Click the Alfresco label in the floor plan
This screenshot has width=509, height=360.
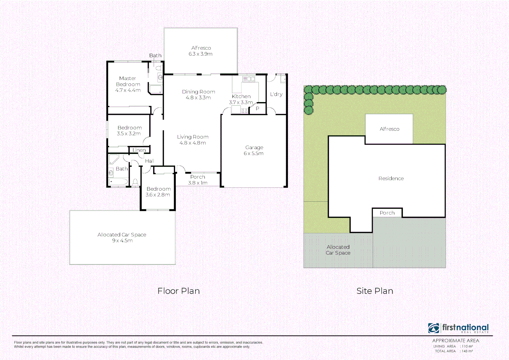click(201, 48)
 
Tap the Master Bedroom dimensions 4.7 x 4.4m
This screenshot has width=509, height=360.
click(128, 90)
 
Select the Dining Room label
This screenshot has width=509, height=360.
click(198, 92)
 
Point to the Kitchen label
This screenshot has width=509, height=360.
click(241, 96)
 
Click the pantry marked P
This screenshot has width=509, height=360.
click(258, 109)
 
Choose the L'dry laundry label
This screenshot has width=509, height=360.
click(276, 94)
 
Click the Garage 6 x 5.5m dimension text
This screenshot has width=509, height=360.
click(253, 153)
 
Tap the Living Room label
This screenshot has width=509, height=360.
click(193, 137)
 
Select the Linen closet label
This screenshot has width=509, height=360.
click(139, 150)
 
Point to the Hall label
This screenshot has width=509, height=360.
click(149, 161)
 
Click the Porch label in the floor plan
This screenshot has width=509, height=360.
click(197, 177)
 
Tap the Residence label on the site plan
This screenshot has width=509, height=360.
click(391, 178)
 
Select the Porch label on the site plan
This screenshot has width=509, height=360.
click(387, 213)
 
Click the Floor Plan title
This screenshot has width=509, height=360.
click(178, 291)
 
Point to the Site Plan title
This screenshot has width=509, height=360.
click(375, 291)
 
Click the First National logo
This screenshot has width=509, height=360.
click(458, 328)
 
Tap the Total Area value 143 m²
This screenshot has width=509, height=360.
click(467, 351)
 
